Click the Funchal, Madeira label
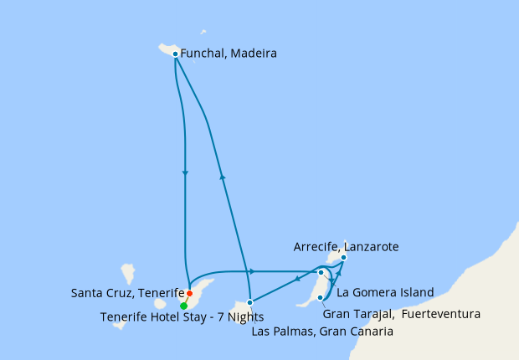[229, 54]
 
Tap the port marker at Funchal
[175, 54]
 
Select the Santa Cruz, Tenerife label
[127, 294]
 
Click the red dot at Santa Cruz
[190, 294]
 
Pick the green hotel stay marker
[183, 306]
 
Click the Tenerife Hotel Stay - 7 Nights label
[182, 316]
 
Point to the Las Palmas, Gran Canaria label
[322, 332]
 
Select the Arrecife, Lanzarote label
[346, 247]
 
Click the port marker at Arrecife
[343, 258]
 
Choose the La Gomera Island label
[385, 293]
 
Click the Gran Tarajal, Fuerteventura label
[401, 315]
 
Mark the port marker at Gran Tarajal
[321, 297]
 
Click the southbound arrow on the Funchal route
[184, 173]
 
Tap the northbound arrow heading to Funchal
[223, 176]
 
